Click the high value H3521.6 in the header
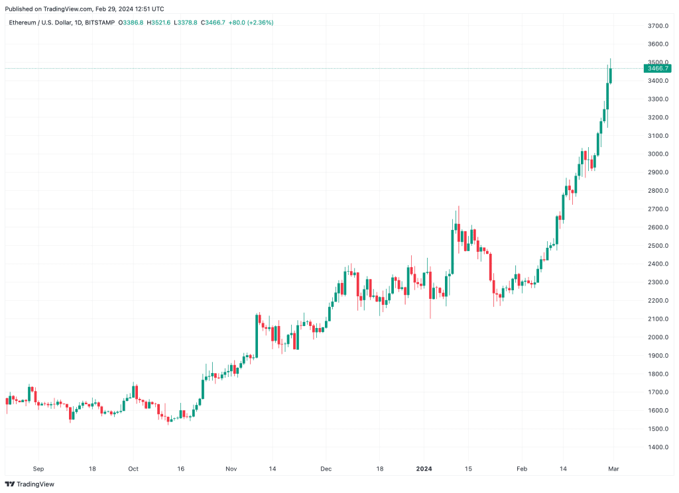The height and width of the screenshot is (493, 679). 158,23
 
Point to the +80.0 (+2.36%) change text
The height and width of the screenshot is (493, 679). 251,23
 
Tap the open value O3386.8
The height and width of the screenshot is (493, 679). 131,23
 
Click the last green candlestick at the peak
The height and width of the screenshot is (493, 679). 611,72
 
